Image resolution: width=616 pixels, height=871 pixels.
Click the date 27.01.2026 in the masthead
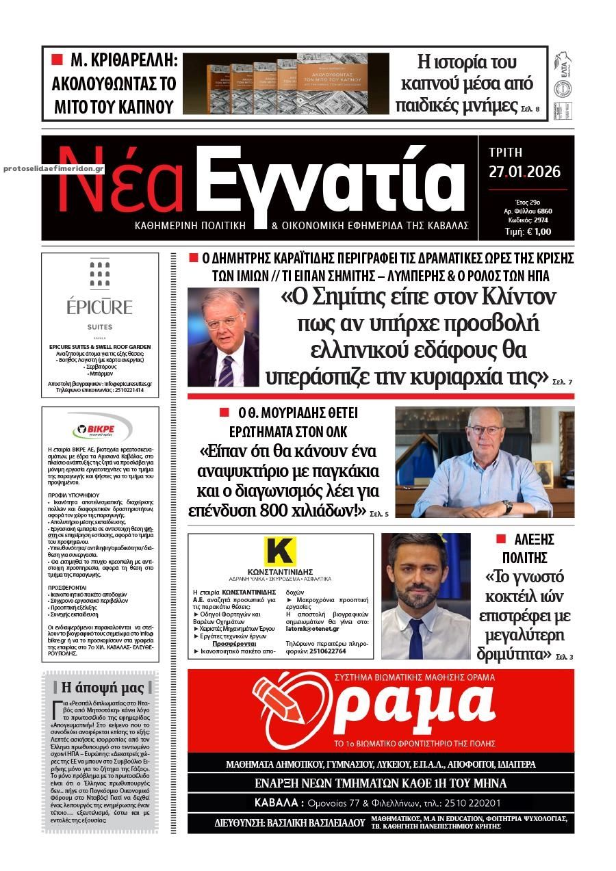pyautogui.click(x=524, y=172)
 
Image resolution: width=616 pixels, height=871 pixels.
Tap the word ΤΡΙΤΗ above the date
pyautogui.click(x=506, y=152)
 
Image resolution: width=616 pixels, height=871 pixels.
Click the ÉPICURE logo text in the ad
pyautogui.click(x=100, y=307)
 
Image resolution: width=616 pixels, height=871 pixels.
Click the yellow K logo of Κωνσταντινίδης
pyautogui.click(x=280, y=552)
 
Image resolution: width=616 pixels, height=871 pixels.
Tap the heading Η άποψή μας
pyautogui.click(x=103, y=687)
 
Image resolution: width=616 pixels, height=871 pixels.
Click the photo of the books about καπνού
pyautogui.click(x=285, y=83)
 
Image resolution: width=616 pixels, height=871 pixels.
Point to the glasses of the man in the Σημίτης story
pyautogui.click(x=224, y=320)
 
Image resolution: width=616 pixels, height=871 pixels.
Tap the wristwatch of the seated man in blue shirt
pyautogui.click(x=507, y=506)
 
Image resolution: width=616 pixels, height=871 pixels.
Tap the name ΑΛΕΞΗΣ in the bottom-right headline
pyautogui.click(x=534, y=540)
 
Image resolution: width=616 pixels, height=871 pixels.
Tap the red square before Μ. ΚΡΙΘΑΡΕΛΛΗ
pyautogui.click(x=57, y=60)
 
